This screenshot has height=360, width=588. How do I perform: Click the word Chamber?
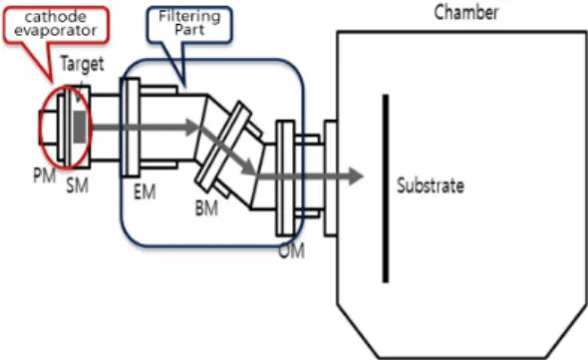click(466, 12)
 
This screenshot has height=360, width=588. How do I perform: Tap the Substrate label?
click(431, 185)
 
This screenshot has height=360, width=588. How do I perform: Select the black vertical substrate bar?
click(385, 188)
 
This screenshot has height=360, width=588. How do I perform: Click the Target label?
click(82, 64)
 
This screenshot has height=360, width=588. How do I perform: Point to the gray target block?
click(80, 128)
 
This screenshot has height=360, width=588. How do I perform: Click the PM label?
click(45, 176)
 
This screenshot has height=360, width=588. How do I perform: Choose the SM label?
click(78, 185)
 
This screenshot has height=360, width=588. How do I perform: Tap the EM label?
click(145, 191)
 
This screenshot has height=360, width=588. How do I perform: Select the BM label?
click(206, 207)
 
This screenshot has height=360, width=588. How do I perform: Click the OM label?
click(291, 250)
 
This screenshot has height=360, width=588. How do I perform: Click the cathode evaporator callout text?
click(56, 23)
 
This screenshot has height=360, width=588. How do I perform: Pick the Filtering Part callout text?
click(189, 23)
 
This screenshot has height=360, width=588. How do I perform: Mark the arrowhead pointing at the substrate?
click(355, 177)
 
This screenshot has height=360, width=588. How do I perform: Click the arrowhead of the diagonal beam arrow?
click(249, 168)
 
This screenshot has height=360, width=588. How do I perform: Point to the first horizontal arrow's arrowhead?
click(191, 127)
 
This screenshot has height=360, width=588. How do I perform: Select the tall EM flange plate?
click(130, 128)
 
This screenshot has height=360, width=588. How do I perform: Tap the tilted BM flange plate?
click(224, 147)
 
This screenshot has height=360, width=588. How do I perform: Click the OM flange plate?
click(285, 178)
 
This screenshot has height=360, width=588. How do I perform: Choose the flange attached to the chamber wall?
click(330, 178)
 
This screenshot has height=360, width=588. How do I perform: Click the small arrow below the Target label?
click(78, 93)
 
